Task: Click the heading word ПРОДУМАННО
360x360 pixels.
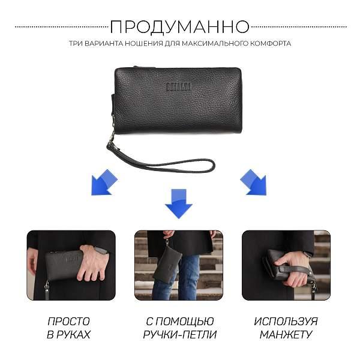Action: click(x=179, y=27)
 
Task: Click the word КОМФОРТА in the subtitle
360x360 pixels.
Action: click(x=271, y=44)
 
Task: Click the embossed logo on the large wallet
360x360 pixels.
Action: click(x=179, y=86)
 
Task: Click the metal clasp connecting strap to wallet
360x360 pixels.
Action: click(x=111, y=143)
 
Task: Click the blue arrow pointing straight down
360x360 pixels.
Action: click(x=178, y=203)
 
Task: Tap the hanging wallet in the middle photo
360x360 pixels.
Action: click(x=167, y=264)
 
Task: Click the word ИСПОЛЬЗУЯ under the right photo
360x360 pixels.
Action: click(x=286, y=322)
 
